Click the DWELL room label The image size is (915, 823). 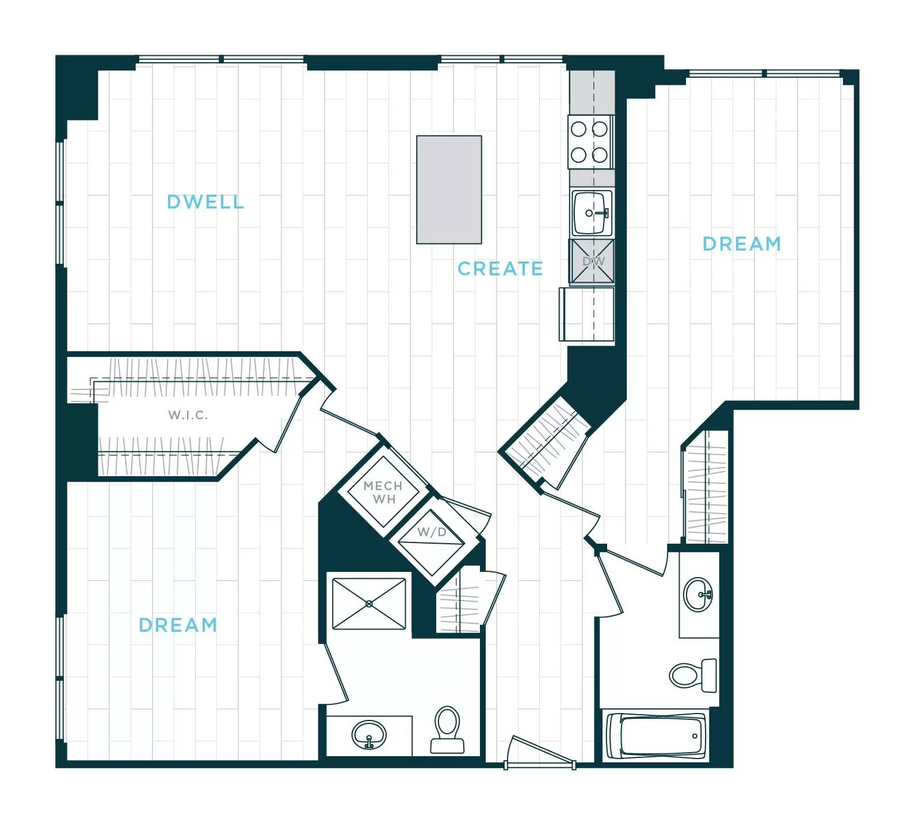[x=205, y=202]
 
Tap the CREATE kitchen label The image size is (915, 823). [x=500, y=268]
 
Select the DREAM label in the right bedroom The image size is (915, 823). [x=741, y=244]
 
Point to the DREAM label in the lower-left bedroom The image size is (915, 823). [x=178, y=625]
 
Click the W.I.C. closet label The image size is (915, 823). [x=188, y=415]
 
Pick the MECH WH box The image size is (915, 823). [x=383, y=492]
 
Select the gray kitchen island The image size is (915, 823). [x=449, y=189]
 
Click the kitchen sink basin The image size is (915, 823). [x=591, y=213]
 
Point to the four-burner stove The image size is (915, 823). [x=589, y=142]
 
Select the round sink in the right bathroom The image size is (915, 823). [x=698, y=594]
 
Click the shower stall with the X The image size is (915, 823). [x=369, y=604]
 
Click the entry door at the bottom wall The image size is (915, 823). [x=540, y=752]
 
